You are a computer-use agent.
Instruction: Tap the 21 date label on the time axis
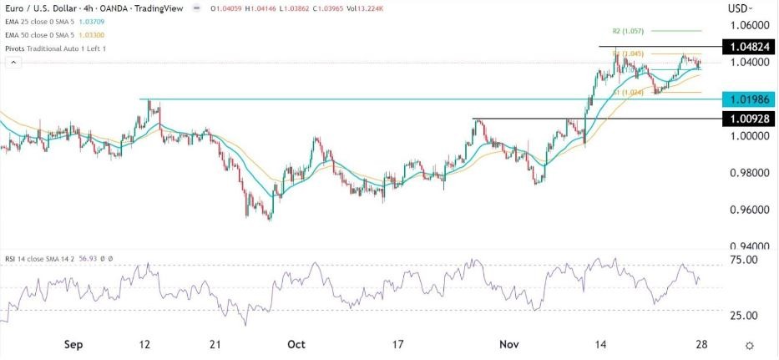[x=215, y=344]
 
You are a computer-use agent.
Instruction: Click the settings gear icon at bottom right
[x=750, y=345]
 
